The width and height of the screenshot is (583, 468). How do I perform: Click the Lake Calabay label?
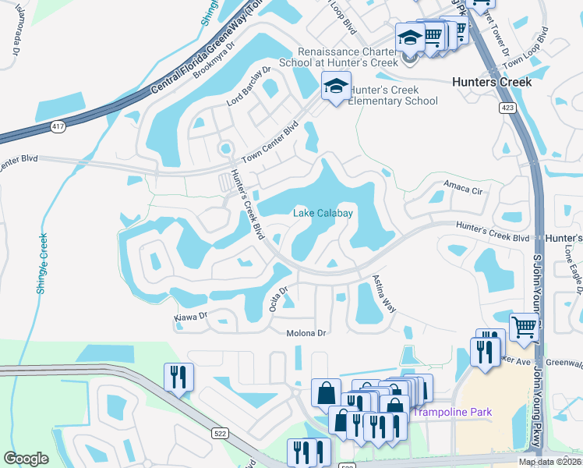point(323,213)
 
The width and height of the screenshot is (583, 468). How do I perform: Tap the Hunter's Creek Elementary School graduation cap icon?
point(336,87)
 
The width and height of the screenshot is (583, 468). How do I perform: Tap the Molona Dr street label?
point(303,333)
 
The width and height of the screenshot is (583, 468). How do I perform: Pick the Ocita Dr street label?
point(276,299)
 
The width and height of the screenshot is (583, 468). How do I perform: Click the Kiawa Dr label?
point(190,317)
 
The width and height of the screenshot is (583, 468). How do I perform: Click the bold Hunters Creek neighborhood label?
point(492,82)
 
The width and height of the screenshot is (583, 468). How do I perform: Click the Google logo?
point(26,459)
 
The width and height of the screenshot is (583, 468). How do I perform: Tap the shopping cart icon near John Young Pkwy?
point(525,328)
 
